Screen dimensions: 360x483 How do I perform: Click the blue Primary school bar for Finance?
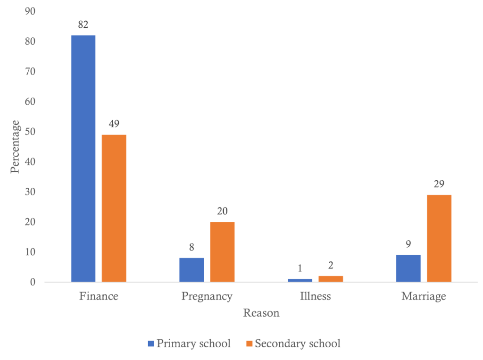click(83, 159)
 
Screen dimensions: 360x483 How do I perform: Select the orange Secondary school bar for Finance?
click(114, 208)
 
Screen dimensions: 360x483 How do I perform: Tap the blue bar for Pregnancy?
click(192, 270)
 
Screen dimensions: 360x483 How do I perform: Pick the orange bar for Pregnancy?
click(222, 252)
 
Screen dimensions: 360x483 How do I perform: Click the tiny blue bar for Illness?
click(300, 280)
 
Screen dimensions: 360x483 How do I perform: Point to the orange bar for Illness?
click(331, 279)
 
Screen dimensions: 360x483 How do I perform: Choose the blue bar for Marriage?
click(408, 268)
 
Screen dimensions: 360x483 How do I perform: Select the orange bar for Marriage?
click(439, 238)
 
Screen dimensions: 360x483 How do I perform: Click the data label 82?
click(83, 25)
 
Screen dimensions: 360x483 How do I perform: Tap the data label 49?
click(114, 125)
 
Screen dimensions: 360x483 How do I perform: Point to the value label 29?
click(439, 184)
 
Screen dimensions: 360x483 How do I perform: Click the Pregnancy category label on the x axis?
click(207, 297)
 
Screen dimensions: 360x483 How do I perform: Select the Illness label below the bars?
click(316, 297)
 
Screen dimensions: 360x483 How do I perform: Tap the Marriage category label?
click(424, 297)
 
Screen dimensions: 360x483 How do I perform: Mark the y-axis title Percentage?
click(16, 147)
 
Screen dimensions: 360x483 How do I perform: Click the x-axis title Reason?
click(261, 313)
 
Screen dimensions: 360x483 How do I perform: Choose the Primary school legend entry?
click(189, 343)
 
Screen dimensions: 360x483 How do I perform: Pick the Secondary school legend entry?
click(292, 343)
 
